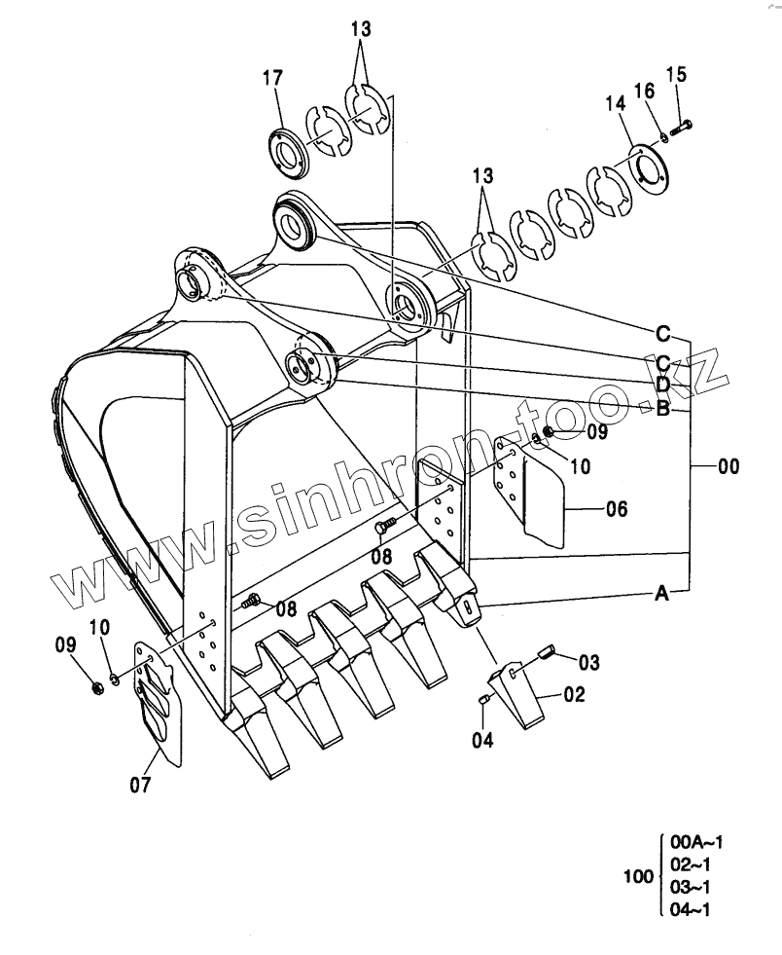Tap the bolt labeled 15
point(684,124)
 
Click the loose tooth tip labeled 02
point(522,696)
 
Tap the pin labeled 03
point(548,651)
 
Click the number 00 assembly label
point(728,467)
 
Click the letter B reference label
point(661,409)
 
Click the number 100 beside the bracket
point(637,877)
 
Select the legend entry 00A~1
point(691,842)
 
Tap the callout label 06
point(616,508)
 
